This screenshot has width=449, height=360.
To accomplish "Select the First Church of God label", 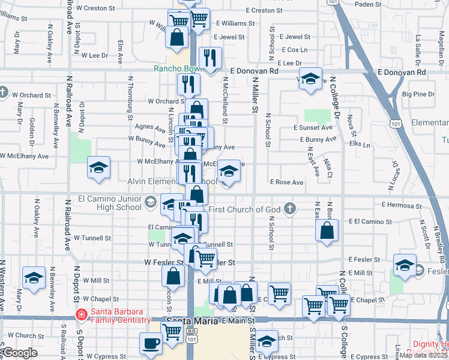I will coord(245,209).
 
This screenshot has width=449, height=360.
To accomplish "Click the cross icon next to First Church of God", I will coord(290,209).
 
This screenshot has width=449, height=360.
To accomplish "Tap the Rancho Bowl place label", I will coord(176,69).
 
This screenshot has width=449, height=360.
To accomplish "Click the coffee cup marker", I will coord(150,344).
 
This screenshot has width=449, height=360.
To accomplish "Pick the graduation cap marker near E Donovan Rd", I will coord(310,80).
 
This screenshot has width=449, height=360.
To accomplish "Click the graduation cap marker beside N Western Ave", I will coord(34,278).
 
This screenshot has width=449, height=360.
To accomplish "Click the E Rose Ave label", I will coord(286,182).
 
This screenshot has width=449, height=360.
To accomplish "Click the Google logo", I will coord(20,353).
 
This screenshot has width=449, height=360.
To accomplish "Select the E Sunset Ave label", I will coord(313,128).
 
